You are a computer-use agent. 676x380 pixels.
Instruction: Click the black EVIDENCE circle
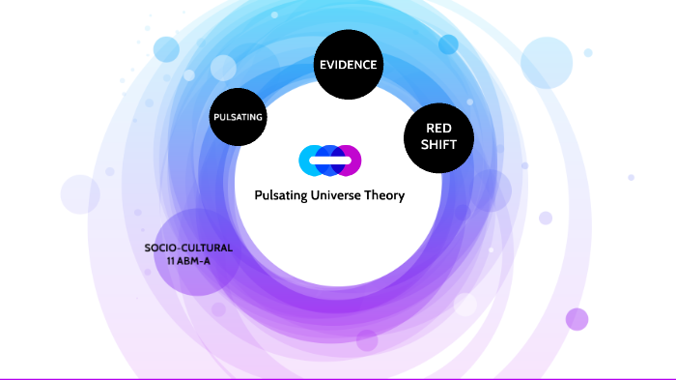[350, 66]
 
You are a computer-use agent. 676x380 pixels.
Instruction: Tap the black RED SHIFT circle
[437, 136]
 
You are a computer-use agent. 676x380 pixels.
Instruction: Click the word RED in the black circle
[437, 128]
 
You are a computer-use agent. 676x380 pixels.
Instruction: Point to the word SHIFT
[437, 146]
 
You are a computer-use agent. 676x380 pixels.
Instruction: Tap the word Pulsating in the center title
[282, 195]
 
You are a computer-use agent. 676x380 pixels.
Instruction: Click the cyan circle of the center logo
[310, 160]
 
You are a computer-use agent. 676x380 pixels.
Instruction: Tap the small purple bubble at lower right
[577, 319]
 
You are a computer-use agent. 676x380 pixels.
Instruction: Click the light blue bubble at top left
[166, 48]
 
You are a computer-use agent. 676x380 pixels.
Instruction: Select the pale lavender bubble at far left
[80, 194]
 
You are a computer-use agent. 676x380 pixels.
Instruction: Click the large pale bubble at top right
[548, 63]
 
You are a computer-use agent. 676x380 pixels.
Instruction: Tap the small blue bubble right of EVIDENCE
[448, 44]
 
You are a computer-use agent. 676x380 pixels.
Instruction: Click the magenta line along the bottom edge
[338, 378]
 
